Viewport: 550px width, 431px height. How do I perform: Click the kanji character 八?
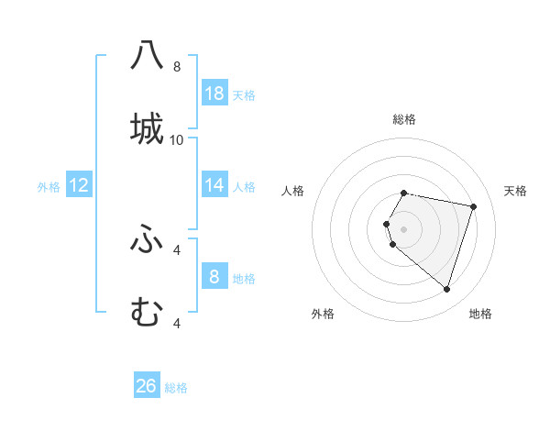coord(147,55)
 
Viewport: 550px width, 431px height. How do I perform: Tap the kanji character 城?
coord(147,128)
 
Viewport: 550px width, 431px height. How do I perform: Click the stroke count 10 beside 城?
coord(177,139)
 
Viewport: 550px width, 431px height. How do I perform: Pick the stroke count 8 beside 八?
coord(177,67)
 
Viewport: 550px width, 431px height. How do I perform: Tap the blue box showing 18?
coord(214,93)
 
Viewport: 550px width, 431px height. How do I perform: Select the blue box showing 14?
coord(214,184)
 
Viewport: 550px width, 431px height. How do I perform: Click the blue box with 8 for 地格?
coord(214,276)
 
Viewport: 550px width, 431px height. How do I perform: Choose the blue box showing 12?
coord(79,184)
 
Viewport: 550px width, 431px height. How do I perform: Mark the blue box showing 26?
coord(147,386)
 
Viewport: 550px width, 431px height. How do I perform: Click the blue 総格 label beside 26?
coord(177,388)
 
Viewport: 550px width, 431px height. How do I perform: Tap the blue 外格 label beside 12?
coord(49,187)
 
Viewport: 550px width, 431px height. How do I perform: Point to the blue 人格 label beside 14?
coord(245,187)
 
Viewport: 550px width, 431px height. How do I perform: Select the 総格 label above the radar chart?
coord(404,119)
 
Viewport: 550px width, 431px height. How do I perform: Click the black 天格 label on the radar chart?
coord(516,191)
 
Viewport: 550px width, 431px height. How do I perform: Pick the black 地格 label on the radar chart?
coord(480,314)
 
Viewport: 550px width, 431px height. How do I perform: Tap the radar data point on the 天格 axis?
coord(473,206)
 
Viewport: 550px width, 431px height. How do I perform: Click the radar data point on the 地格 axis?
coord(446,289)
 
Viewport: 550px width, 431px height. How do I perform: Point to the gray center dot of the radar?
coord(404,228)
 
